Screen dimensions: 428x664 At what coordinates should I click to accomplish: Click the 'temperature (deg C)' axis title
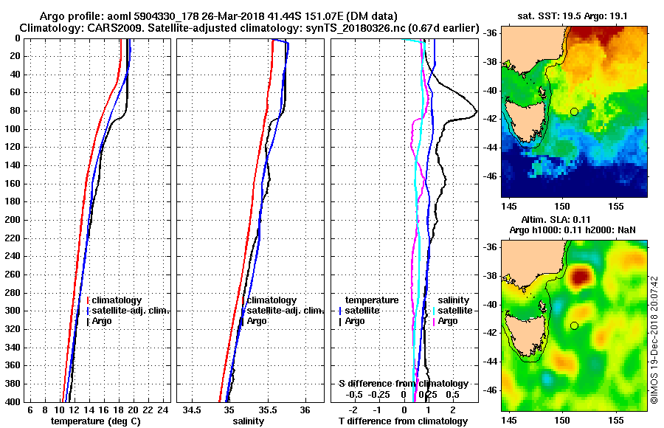(x=95, y=421)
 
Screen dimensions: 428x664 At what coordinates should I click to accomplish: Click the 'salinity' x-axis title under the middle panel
(x=248, y=421)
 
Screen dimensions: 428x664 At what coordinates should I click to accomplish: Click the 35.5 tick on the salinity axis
(x=266, y=410)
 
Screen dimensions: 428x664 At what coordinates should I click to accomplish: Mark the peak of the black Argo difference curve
(x=477, y=112)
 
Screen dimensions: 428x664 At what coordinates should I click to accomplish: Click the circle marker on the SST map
(x=574, y=111)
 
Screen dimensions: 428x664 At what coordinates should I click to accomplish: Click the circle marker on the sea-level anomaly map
(x=574, y=325)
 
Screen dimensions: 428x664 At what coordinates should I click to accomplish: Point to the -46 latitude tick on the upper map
(x=490, y=176)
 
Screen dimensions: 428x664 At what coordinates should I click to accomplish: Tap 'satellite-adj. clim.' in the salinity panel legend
(x=283, y=311)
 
